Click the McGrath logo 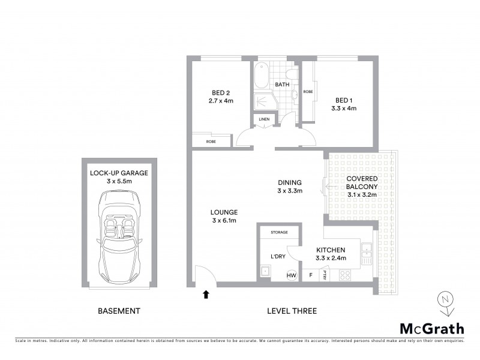pyautogui.click(x=432, y=328)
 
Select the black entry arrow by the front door pyautogui.click(x=206, y=294)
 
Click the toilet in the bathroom pyautogui.click(x=292, y=75)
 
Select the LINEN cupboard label pyautogui.click(x=264, y=120)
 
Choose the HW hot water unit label pyautogui.click(x=292, y=275)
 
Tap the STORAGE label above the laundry pyautogui.click(x=279, y=232)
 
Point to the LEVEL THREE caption pyautogui.click(x=292, y=311)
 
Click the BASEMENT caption pyautogui.click(x=119, y=311)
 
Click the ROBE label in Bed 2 pyautogui.click(x=211, y=142)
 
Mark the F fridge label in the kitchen pyautogui.click(x=310, y=275)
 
